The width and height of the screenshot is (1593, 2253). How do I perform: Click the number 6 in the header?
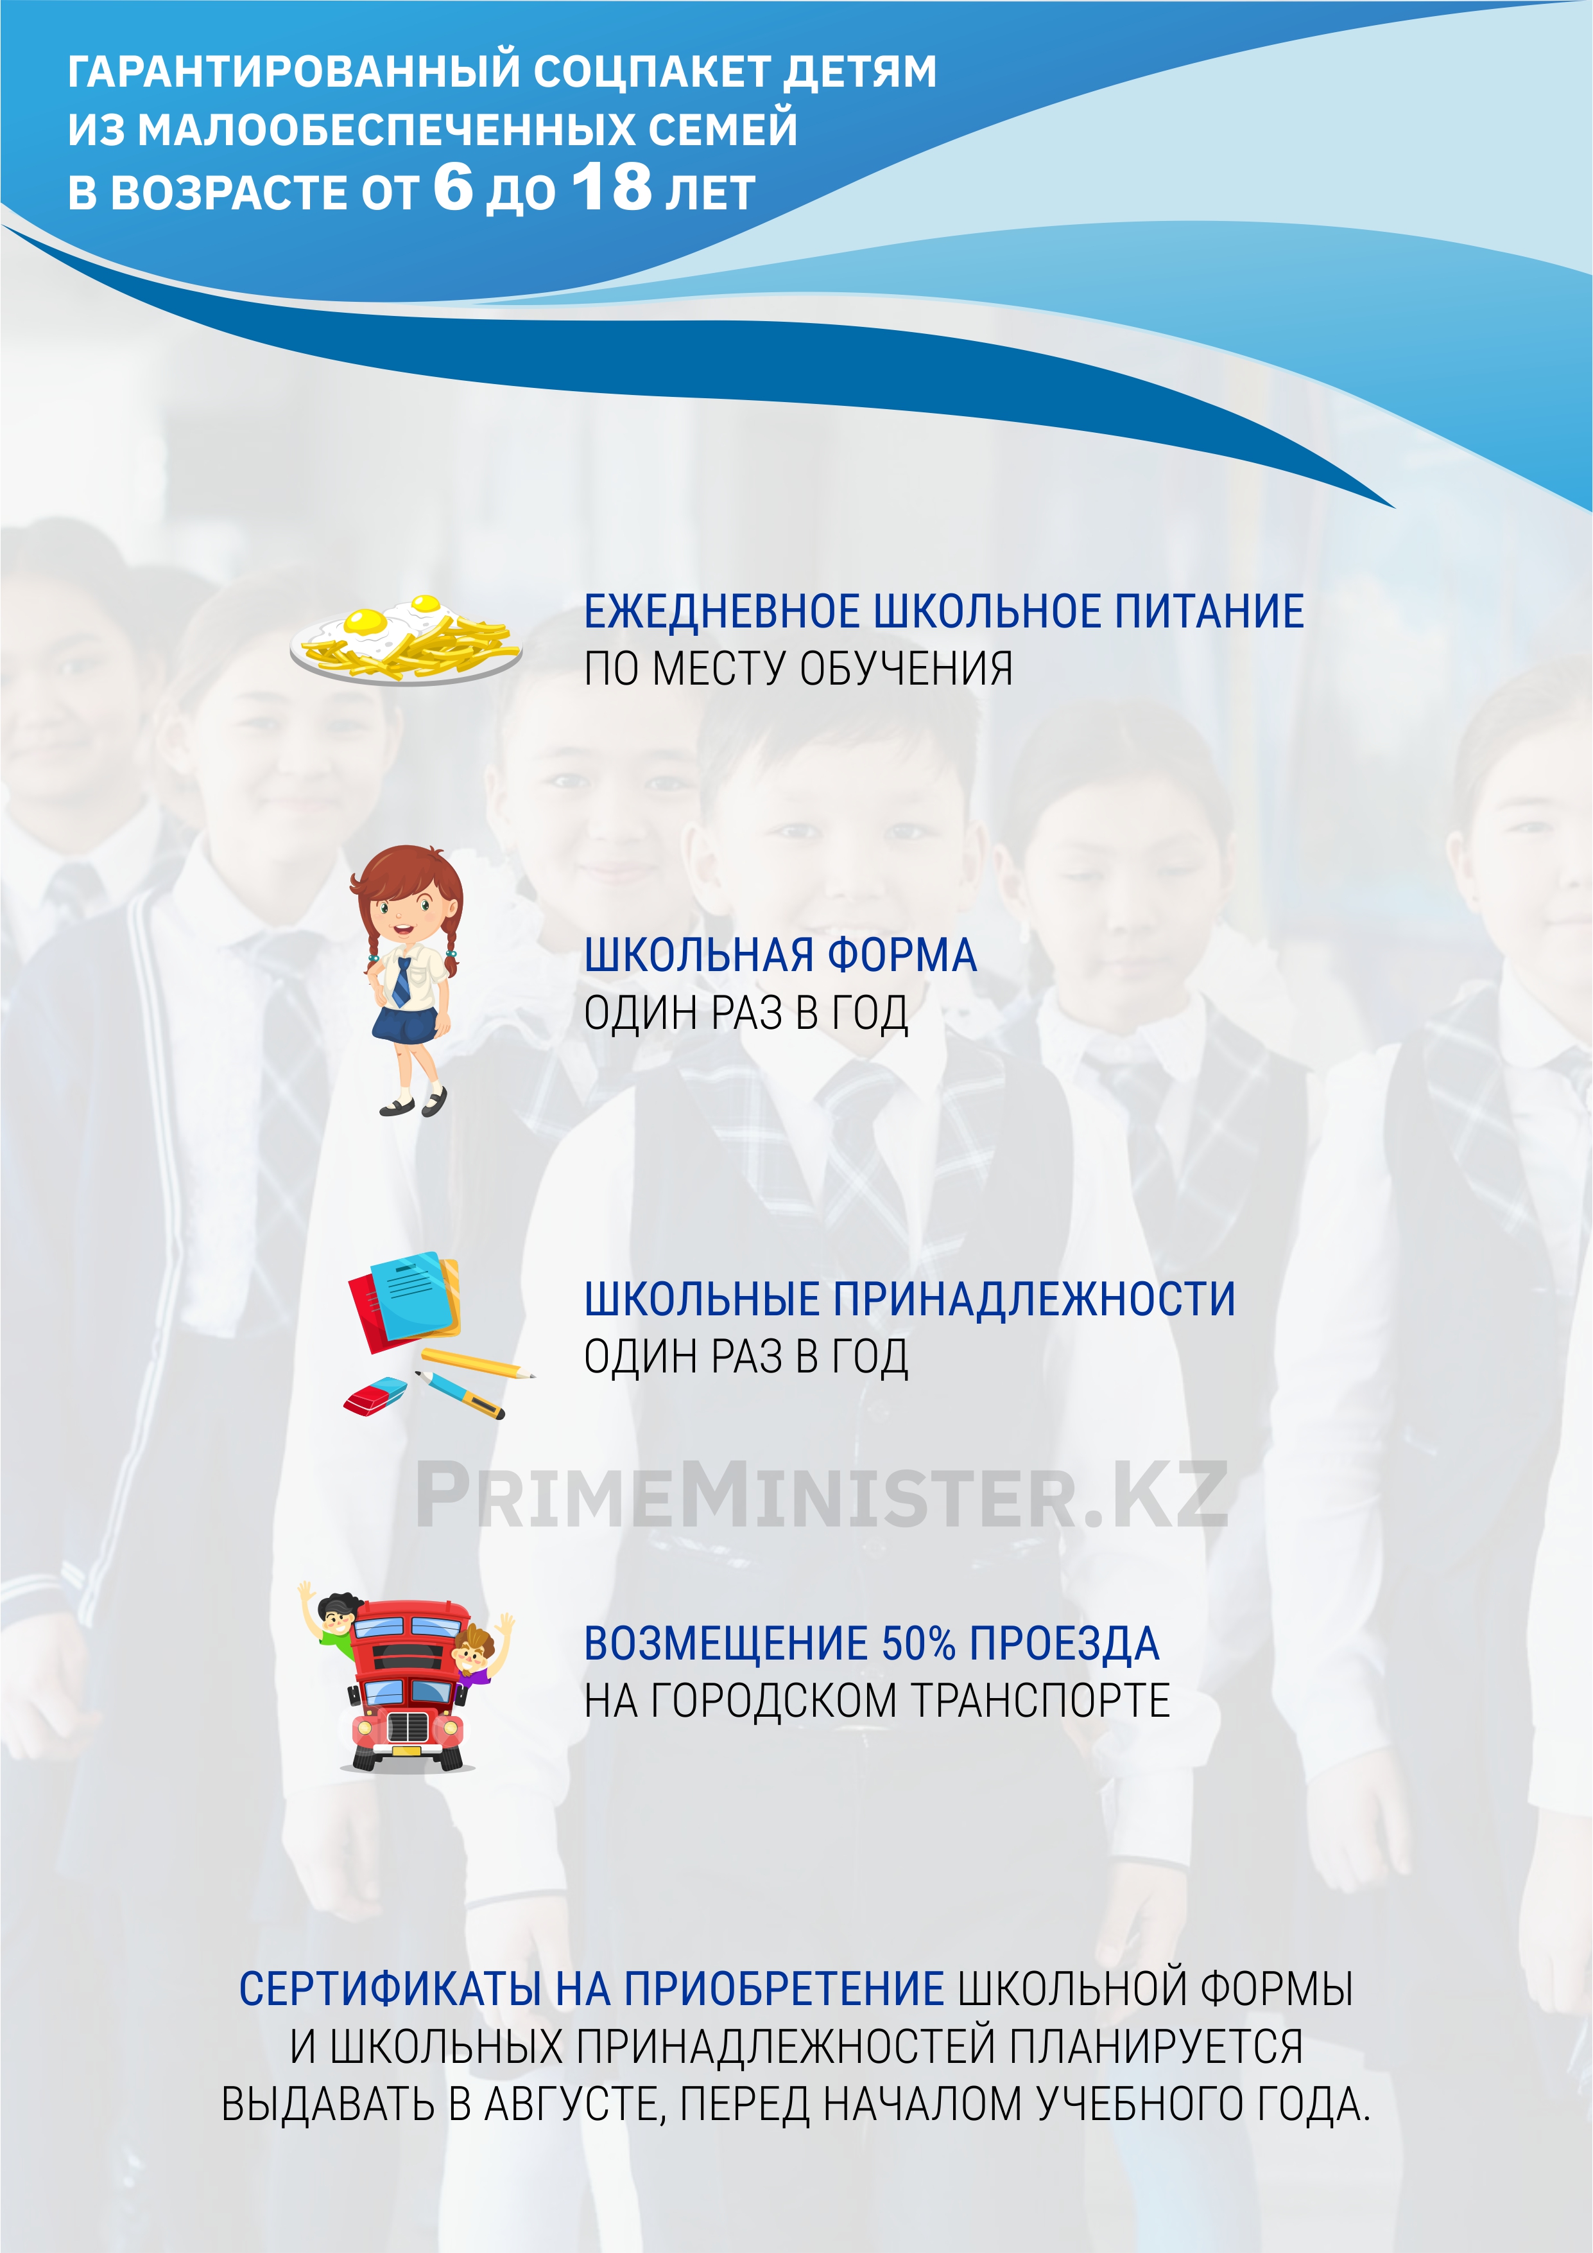click(x=453, y=186)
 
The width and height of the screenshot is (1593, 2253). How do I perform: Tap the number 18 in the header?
click(x=613, y=186)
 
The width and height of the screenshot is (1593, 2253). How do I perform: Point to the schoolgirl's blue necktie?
click(x=401, y=981)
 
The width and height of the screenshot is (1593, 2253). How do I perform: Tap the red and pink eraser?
click(x=375, y=1398)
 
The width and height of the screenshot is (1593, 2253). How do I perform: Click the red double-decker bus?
click(x=407, y=1685)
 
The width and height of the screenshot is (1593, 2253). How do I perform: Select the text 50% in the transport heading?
click(x=918, y=1644)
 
